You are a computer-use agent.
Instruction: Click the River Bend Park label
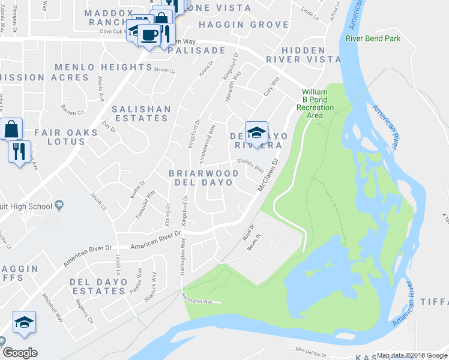click(x=373, y=38)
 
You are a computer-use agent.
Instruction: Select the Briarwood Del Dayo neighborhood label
click(x=203, y=178)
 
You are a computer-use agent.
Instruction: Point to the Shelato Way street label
click(x=250, y=164)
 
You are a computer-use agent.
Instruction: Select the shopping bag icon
click(x=11, y=128)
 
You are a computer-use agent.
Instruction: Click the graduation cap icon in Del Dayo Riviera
click(x=256, y=133)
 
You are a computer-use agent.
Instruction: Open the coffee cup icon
click(x=148, y=34)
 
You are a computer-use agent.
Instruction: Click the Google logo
click(x=19, y=353)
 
